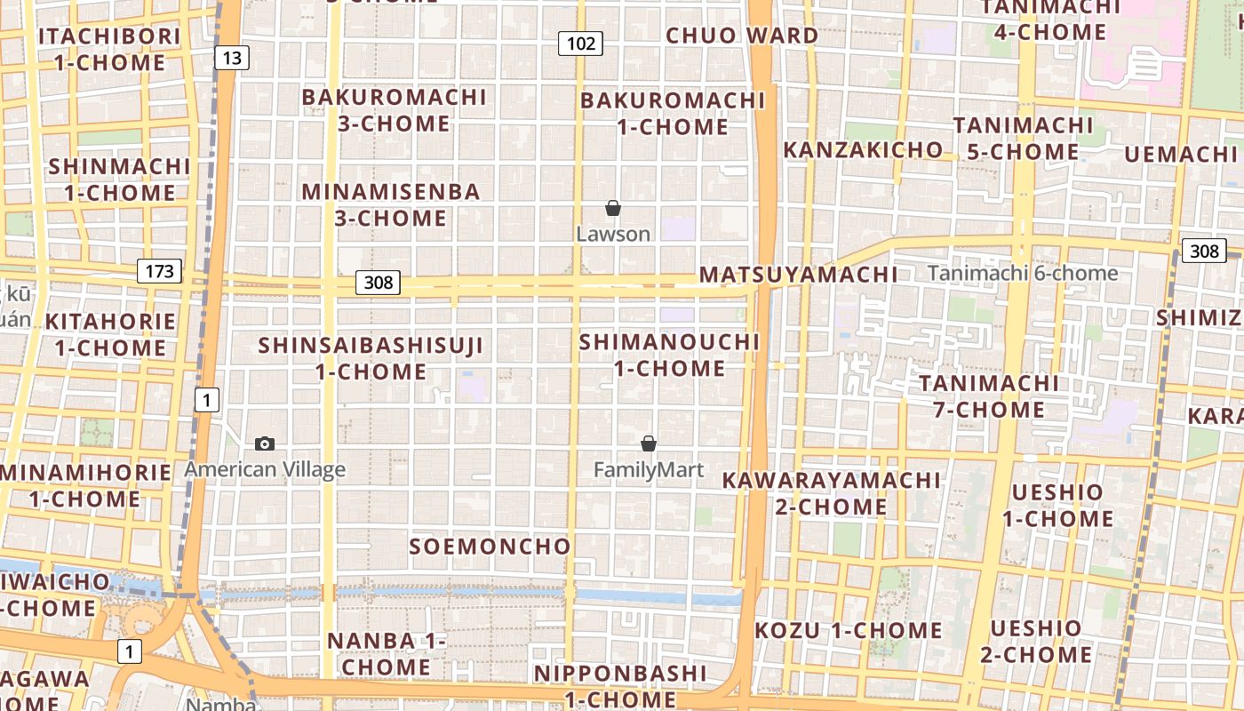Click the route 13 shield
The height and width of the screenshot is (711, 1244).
(x=231, y=59)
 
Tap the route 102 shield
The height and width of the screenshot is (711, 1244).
(x=580, y=43)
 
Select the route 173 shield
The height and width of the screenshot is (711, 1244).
(x=159, y=271)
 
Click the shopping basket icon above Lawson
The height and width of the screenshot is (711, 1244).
(x=612, y=209)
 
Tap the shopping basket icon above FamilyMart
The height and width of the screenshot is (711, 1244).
(x=649, y=443)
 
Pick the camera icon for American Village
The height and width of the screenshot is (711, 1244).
(x=264, y=443)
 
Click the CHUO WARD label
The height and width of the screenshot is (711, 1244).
(x=742, y=36)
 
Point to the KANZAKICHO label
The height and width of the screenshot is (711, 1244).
(x=862, y=149)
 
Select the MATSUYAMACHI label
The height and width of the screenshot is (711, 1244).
(x=798, y=275)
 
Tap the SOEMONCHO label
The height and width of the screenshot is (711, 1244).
(x=490, y=547)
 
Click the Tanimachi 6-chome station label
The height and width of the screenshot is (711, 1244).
(x=1022, y=273)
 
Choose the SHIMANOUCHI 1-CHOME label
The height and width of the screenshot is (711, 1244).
(x=670, y=355)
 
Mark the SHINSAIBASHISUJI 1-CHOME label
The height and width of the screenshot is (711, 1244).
(x=371, y=358)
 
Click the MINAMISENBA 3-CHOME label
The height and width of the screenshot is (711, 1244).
(x=391, y=204)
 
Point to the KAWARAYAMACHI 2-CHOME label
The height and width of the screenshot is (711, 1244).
(x=831, y=493)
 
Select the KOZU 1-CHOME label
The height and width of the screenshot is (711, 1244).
(x=848, y=631)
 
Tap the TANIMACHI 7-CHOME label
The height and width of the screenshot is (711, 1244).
(x=988, y=396)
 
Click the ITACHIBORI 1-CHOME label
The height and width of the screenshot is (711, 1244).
(x=109, y=49)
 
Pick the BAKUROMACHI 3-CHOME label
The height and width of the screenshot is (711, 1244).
(x=394, y=109)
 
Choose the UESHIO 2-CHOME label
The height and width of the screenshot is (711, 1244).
(x=1035, y=642)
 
